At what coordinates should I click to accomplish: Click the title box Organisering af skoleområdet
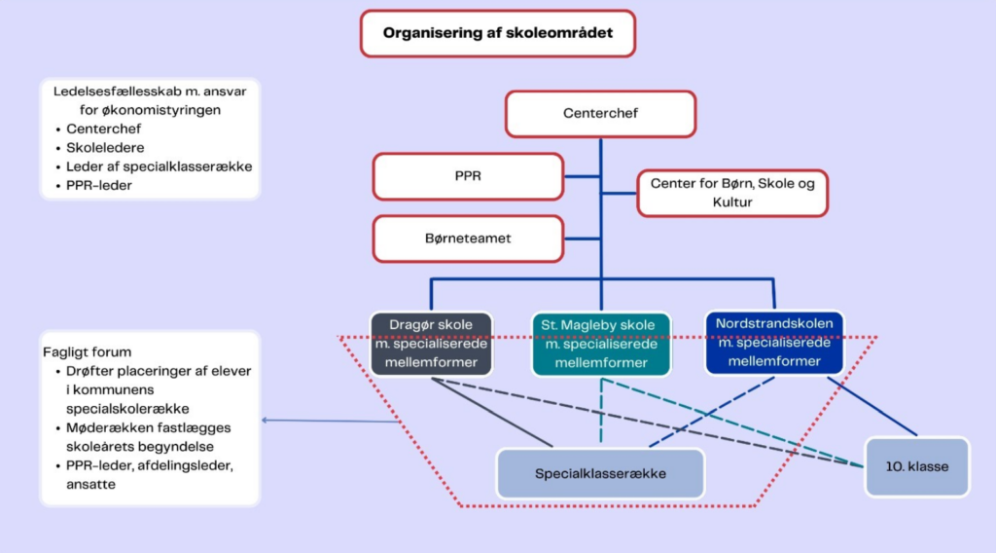[x=498, y=33]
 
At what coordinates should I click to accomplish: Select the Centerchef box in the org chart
[x=600, y=114]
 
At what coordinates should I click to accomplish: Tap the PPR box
[x=468, y=176]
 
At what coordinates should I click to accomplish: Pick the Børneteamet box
[x=468, y=239]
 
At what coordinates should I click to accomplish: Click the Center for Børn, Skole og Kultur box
[x=732, y=193]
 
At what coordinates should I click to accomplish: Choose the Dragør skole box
[x=431, y=344]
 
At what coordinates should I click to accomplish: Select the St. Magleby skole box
[x=601, y=344]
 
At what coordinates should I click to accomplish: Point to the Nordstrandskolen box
[x=774, y=343]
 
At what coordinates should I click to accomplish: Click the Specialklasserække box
[x=600, y=473]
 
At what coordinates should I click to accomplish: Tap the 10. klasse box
[x=916, y=466]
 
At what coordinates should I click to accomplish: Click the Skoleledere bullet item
[x=105, y=147]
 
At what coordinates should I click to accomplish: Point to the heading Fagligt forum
[x=87, y=352]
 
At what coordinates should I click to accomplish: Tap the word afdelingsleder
[x=186, y=466]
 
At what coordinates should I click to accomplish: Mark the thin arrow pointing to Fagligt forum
[x=331, y=421]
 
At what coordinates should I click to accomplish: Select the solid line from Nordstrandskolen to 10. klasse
[x=872, y=406]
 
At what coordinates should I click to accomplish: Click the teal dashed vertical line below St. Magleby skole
[x=601, y=410]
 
